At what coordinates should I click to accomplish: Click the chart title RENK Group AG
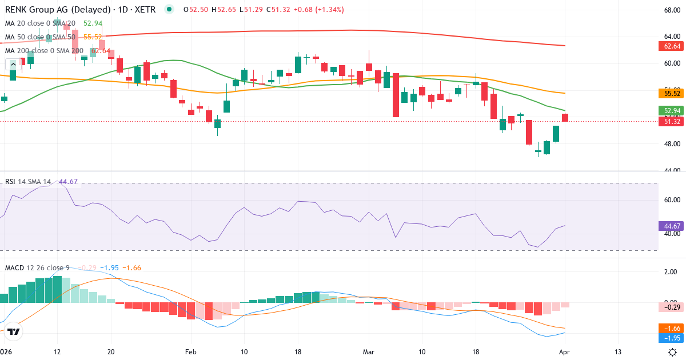click(40, 9)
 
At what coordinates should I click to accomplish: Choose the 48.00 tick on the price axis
click(672, 144)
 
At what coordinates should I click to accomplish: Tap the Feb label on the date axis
click(190, 351)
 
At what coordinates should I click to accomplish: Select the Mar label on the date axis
click(368, 351)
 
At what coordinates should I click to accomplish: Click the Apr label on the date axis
click(565, 351)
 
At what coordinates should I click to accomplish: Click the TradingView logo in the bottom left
click(14, 331)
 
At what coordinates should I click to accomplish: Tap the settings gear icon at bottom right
click(673, 351)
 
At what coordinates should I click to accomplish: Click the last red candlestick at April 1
click(565, 118)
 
